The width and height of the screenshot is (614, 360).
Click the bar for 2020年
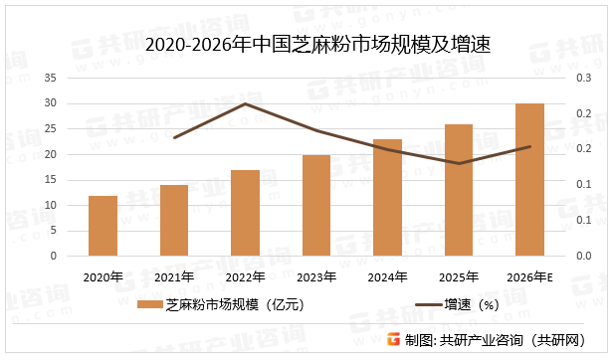(102, 226)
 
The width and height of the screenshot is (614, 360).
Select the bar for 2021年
(174, 221)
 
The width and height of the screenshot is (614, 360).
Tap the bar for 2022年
(245, 213)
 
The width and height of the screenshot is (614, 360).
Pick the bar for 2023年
(316, 205)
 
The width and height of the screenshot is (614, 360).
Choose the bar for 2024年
(387, 197)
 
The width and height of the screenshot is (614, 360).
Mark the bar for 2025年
(459, 190)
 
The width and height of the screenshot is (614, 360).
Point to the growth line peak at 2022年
(245, 103)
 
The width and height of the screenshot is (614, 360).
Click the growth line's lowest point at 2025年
(459, 163)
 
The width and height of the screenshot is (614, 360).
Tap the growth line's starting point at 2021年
(174, 137)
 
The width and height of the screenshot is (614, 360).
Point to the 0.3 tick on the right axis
(583, 78)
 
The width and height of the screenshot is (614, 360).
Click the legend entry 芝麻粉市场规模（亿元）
(224, 305)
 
